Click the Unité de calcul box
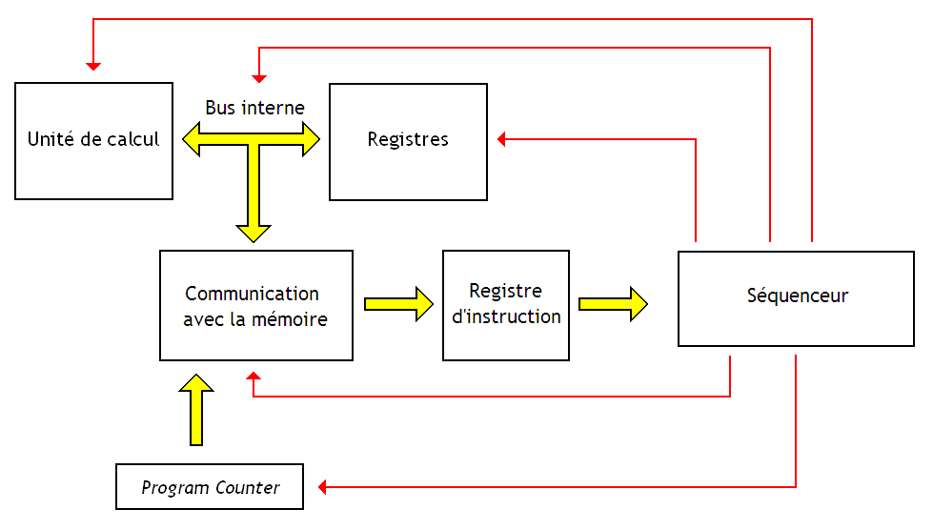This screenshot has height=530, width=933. (x=93, y=141)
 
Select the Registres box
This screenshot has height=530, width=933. (x=408, y=141)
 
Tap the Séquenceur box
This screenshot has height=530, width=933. (x=796, y=297)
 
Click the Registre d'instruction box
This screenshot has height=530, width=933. (x=506, y=305)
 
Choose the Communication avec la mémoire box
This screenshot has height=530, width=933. (x=255, y=306)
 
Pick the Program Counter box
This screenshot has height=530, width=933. (x=210, y=487)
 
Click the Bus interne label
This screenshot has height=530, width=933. (x=254, y=108)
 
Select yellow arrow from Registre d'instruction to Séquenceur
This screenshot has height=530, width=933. (x=613, y=305)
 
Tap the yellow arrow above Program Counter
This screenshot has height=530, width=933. (x=197, y=410)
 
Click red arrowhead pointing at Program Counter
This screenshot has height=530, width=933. (x=323, y=487)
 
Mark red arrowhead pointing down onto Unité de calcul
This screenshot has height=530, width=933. (x=92, y=65)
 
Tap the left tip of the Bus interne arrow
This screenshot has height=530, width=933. (x=187, y=140)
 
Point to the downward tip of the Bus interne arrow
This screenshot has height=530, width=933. (x=254, y=237)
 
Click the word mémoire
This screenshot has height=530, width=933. (x=290, y=319)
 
